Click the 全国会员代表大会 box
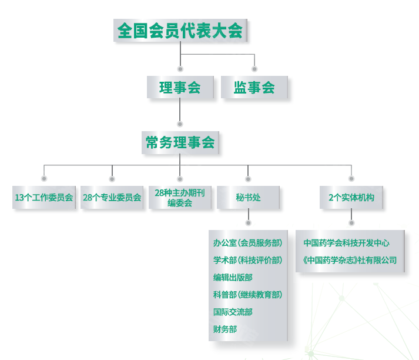coord(180,31)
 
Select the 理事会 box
coord(180,88)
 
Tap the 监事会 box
coord(254,88)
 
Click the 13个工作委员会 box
coord(44,198)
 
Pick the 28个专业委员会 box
coord(112,198)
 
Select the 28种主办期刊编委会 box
coord(180,198)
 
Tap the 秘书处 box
coord(248,198)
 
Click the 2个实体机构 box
coord(351,198)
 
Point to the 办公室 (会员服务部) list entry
coord(247,243)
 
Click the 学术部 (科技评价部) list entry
coord(247,261)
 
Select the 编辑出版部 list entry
coord(233,278)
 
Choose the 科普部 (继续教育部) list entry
coord(247,295)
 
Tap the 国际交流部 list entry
coord(233,312)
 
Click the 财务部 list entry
coord(225,329)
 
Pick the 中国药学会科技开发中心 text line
coord(346,243)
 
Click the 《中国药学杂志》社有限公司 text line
coord(350,260)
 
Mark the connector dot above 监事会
coord(254,69)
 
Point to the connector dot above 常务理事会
coord(180,124)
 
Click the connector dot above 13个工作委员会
coord(44,178)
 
